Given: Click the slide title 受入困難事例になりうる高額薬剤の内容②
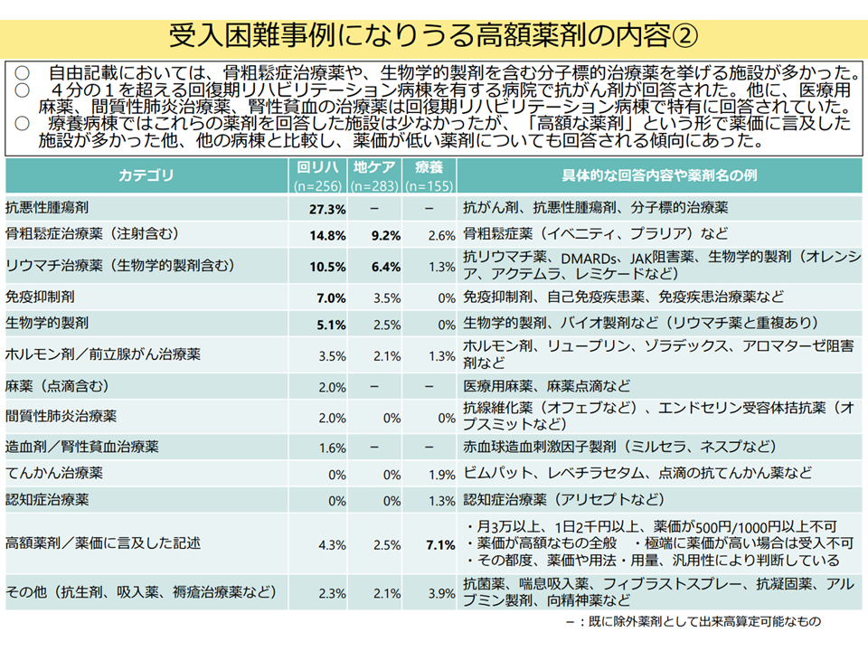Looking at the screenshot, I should (x=434, y=35).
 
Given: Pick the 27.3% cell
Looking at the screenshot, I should (x=328, y=209).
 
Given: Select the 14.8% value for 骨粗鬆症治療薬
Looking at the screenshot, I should (x=328, y=235).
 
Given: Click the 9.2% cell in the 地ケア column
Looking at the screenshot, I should (x=385, y=235).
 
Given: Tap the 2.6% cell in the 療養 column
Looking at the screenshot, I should (x=440, y=235).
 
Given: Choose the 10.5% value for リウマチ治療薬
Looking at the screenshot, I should (x=328, y=266).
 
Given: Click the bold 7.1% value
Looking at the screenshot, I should (x=440, y=544).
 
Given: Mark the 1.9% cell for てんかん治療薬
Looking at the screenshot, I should (x=440, y=474).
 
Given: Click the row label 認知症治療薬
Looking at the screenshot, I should (x=53, y=499).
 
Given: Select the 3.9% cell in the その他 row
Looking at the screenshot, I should (x=440, y=593).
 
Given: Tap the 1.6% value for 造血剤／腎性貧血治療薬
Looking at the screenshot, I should (x=332, y=448).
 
